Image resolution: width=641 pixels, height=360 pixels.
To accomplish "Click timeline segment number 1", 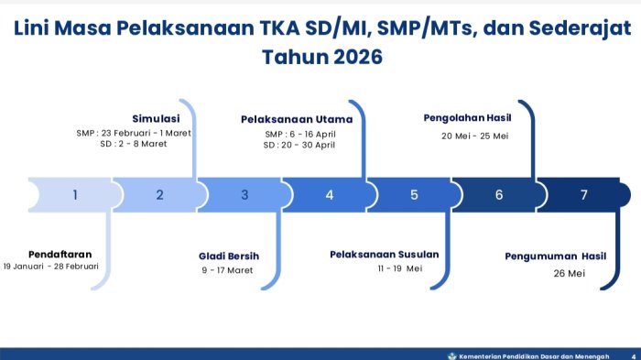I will pyautogui.click(x=75, y=194).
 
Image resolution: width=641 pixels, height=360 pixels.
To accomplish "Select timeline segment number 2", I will pyautogui.click(x=159, y=194).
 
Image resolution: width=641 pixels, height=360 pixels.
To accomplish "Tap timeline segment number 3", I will pyautogui.click(x=244, y=194).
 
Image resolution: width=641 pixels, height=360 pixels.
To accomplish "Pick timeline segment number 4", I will pyautogui.click(x=330, y=194).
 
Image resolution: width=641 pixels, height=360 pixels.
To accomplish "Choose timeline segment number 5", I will pyautogui.click(x=414, y=194).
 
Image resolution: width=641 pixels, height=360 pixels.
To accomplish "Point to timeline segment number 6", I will pyautogui.click(x=499, y=194).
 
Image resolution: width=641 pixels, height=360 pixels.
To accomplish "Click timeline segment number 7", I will pyautogui.click(x=583, y=194).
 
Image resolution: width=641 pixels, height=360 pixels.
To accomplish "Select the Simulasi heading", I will pyautogui.click(x=156, y=118).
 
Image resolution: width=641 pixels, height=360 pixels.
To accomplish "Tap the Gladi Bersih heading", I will pyautogui.click(x=229, y=256).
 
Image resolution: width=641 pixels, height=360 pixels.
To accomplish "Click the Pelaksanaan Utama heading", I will pyautogui.click(x=297, y=119).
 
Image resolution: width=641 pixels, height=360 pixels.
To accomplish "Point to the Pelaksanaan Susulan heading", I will pyautogui.click(x=385, y=254).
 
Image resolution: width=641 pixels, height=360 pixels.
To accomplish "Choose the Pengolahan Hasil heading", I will pyautogui.click(x=467, y=117).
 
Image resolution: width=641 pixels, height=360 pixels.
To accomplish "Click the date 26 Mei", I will pyautogui.click(x=569, y=273).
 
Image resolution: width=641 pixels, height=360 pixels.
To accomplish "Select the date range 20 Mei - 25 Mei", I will pyautogui.click(x=474, y=136).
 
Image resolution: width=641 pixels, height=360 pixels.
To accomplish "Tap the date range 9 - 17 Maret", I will pyautogui.click(x=227, y=270).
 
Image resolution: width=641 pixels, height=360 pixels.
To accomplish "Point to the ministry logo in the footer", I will pyautogui.click(x=451, y=354).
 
